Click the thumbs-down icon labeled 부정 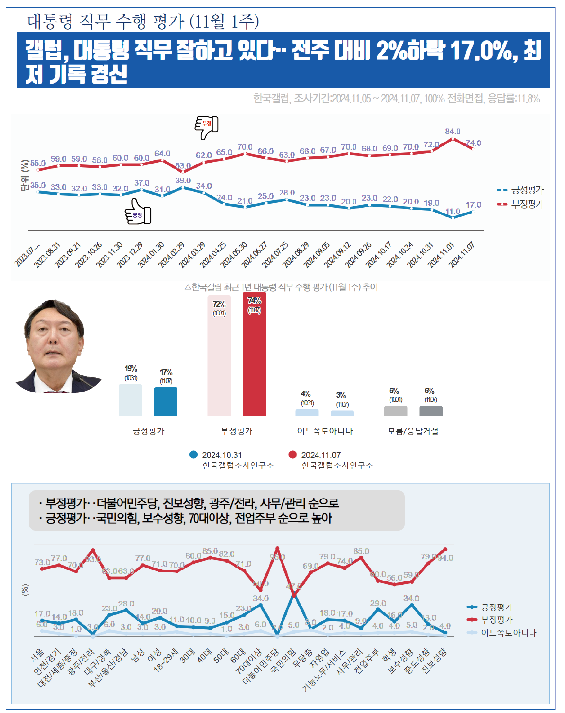tap(207, 127)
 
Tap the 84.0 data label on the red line tap(453, 131)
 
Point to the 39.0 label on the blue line tap(183, 180)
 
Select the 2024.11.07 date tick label tap(462, 253)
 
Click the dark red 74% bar tap(254, 355)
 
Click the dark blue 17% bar tap(166, 401)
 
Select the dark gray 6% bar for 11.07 tap(431, 411)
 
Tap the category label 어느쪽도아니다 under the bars tap(325, 431)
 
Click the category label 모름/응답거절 tap(413, 431)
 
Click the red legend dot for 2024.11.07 tap(293, 455)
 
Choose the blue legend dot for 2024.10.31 tap(194, 455)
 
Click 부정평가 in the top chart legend tap(527, 204)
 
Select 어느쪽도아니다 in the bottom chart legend tap(509, 633)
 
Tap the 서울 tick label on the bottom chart tap(37, 655)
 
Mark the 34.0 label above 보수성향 tap(411, 598)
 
